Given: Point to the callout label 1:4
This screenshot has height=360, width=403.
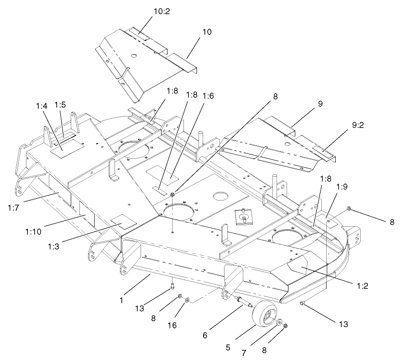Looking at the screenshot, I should [42, 106].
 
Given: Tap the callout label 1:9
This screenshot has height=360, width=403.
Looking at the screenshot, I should [342, 186].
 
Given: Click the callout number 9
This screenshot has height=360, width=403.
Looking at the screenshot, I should [320, 104].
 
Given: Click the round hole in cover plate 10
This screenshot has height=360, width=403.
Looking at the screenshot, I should [134, 56].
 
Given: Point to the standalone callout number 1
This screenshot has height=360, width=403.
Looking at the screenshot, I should [121, 300].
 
